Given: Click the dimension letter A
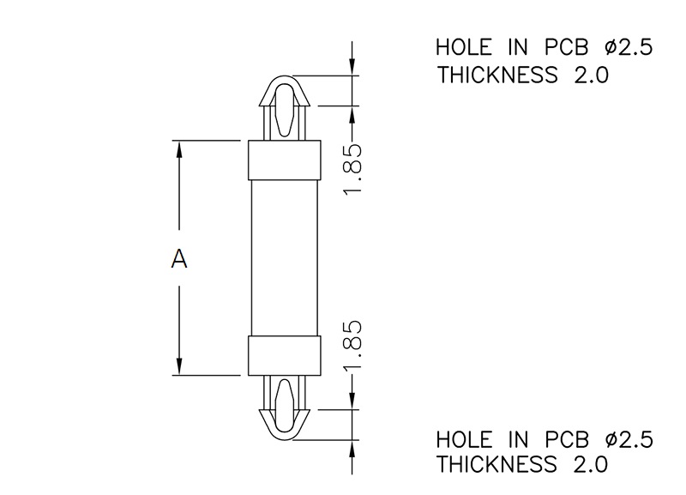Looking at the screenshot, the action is pyautogui.click(x=179, y=258).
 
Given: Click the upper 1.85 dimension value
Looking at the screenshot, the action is pyautogui.click(x=352, y=169).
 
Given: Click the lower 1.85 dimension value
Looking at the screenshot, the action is pyautogui.click(x=352, y=347).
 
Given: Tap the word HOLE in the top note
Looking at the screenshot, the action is pyautogui.click(x=464, y=47).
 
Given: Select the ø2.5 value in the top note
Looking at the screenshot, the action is pyautogui.click(x=629, y=47).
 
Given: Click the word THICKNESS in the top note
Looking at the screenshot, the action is pyautogui.click(x=497, y=75).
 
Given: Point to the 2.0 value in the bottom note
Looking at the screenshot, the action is pyautogui.click(x=591, y=464).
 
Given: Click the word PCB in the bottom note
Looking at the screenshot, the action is pyautogui.click(x=567, y=439).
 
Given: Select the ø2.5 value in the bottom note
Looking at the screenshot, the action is pyautogui.click(x=629, y=439).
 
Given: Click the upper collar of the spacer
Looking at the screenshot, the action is pyautogui.click(x=285, y=160).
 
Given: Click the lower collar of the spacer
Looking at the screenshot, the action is pyautogui.click(x=285, y=355).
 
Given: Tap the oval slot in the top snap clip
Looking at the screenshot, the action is pyautogui.click(x=285, y=110).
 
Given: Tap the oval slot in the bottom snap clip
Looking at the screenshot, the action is pyautogui.click(x=285, y=406).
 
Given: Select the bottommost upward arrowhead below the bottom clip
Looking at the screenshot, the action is pyautogui.click(x=352, y=449).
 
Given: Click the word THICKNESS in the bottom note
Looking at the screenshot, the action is pyautogui.click(x=497, y=464).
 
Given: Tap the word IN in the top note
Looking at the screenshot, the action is pyautogui.click(x=518, y=47).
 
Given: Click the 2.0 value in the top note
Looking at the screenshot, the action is pyautogui.click(x=591, y=75).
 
